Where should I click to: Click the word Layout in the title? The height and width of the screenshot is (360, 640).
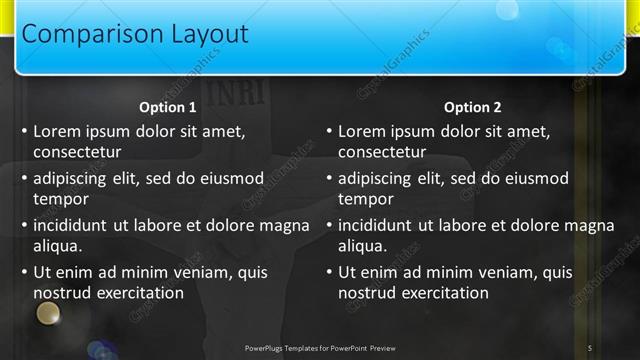click(x=199, y=34)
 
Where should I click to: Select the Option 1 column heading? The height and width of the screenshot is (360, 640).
click(x=167, y=108)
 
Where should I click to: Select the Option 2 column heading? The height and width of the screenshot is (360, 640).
click(x=472, y=108)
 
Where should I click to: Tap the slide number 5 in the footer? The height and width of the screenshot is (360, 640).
click(x=589, y=347)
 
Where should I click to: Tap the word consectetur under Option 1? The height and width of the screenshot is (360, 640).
click(x=77, y=152)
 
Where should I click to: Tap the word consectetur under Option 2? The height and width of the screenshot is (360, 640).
click(x=382, y=152)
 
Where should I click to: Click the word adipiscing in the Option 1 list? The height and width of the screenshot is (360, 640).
click(x=73, y=178)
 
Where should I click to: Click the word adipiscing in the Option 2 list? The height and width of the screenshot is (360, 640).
click(x=378, y=178)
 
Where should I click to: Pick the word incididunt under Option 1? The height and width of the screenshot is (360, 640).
click(x=73, y=225)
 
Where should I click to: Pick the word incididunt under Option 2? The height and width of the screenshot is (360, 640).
click(x=378, y=225)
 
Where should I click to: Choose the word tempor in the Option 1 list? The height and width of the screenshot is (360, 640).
click(x=60, y=199)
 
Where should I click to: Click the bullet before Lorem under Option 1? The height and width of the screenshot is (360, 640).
click(x=24, y=131)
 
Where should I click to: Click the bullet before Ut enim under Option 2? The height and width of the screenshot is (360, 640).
click(x=329, y=272)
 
